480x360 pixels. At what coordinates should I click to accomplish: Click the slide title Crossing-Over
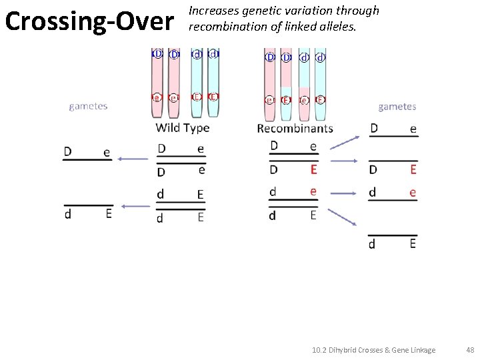coord(89,21)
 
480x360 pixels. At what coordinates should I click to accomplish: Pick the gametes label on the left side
coord(88,106)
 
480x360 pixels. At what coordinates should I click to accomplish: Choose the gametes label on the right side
coord(397,106)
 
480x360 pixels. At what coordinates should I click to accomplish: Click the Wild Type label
coord(182,127)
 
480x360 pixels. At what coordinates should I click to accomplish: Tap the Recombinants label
coord(295,128)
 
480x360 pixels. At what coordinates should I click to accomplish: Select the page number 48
coord(470,350)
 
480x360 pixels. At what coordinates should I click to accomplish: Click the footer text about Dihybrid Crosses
coord(373,350)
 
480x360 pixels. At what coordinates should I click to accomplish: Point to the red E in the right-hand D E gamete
coord(413,169)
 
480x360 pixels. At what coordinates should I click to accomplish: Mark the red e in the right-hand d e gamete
coord(413,193)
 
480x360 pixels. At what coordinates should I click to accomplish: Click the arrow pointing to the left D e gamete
coord(133,159)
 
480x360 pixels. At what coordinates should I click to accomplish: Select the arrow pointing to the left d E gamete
coord(135,206)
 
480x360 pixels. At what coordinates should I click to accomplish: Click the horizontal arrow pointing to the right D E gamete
coord(345,161)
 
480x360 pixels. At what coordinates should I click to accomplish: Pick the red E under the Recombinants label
coord(313,169)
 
